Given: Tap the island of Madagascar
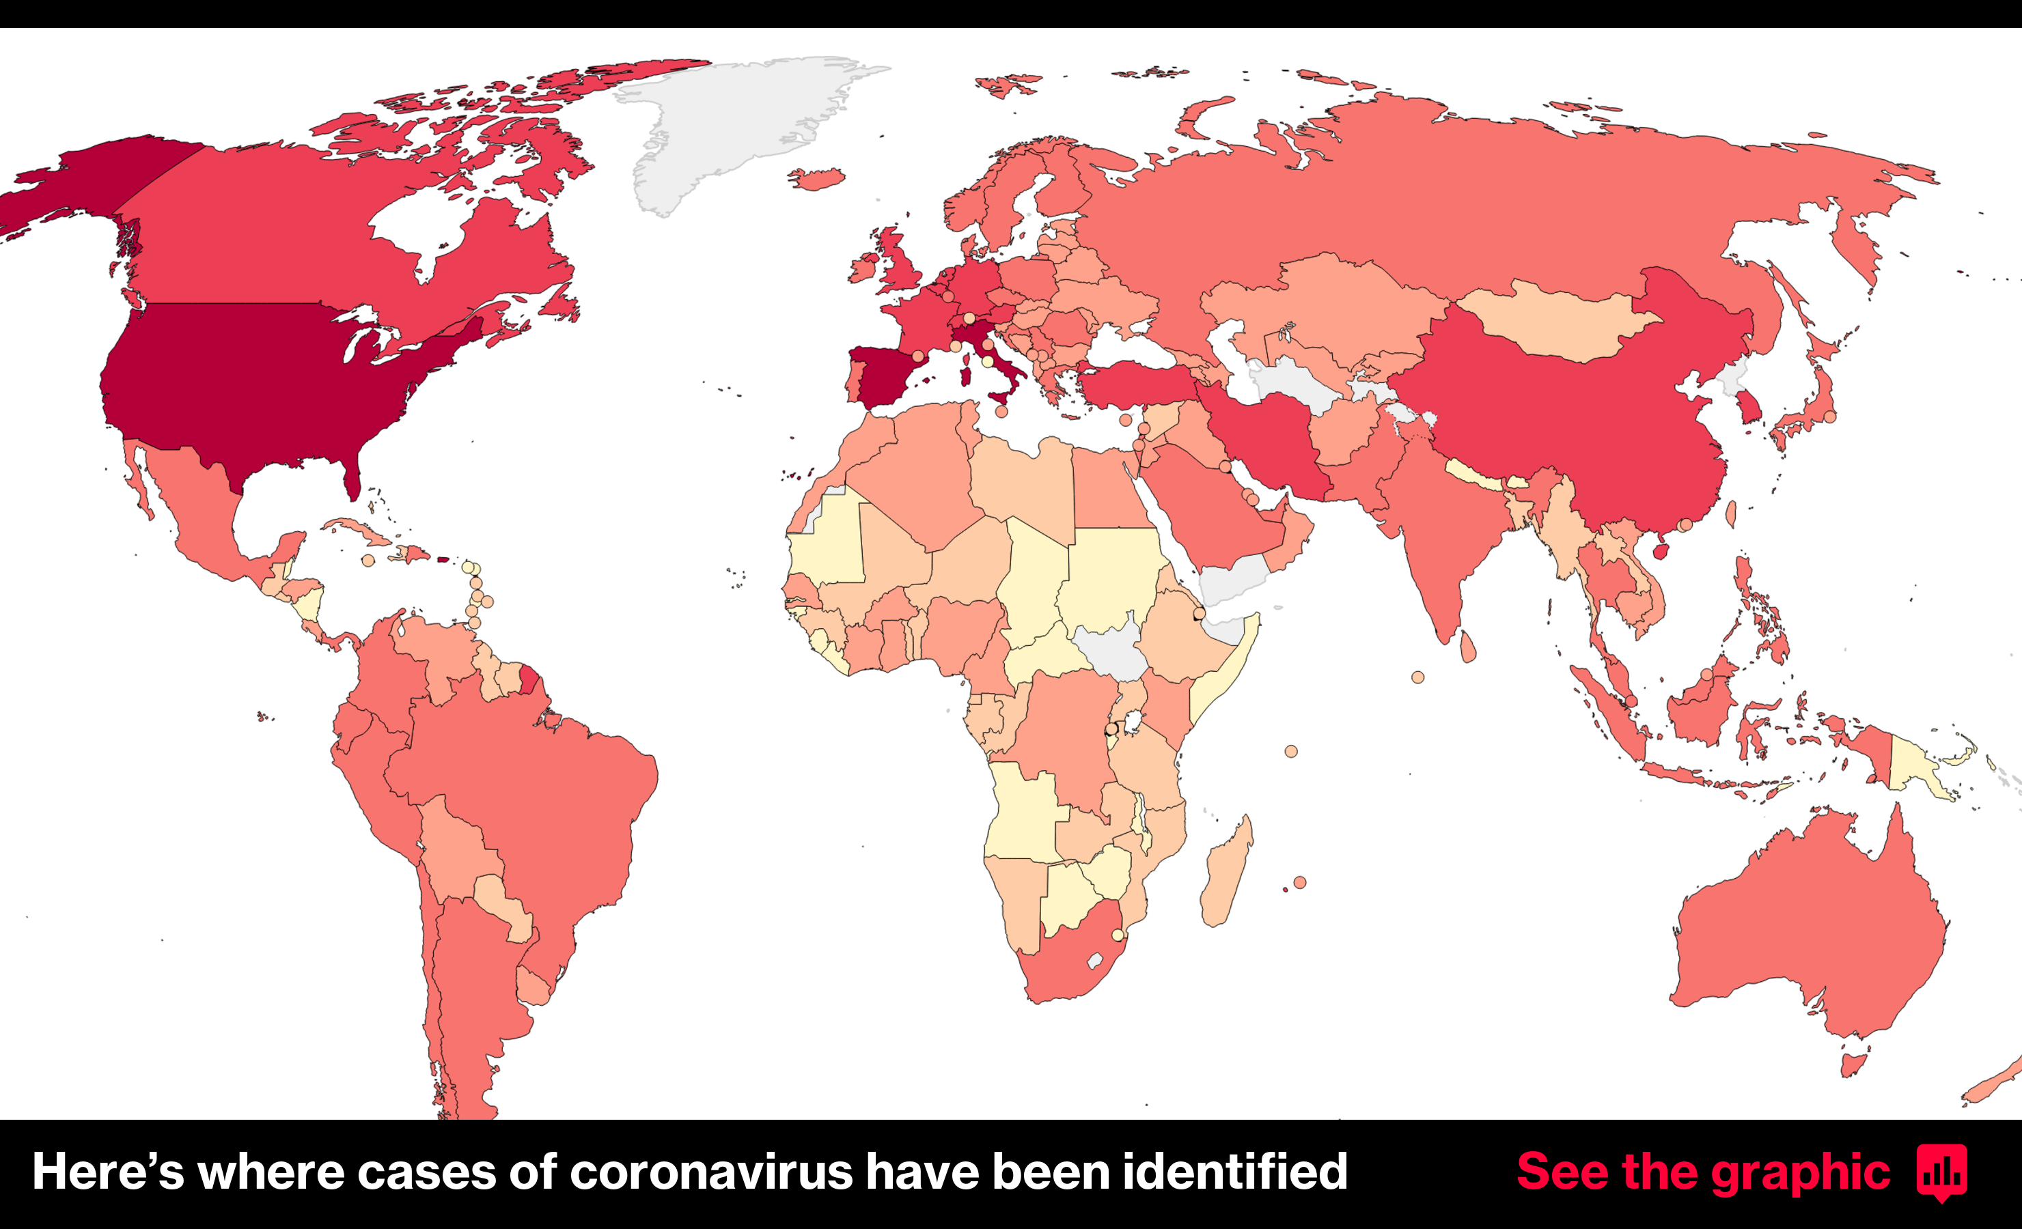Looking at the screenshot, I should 1227,874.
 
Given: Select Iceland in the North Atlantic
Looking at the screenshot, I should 816,179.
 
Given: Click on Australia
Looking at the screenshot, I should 1805,927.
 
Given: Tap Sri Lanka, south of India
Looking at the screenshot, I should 1468,647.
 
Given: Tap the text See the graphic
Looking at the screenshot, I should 1703,1172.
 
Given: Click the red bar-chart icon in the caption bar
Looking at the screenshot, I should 1941,1172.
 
